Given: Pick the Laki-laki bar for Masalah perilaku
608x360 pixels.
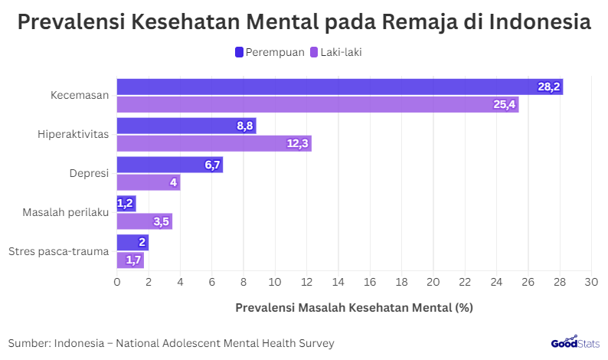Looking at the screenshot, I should click(144, 221).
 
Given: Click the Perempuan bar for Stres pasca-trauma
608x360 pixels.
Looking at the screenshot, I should click(132, 243).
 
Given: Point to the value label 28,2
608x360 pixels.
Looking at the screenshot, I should click(549, 87).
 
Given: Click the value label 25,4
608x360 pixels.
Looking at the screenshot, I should click(505, 104).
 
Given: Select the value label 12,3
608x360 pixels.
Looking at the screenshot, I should click(298, 143).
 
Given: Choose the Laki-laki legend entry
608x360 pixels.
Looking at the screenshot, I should click(340, 52).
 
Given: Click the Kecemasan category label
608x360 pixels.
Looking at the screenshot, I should click(80, 96).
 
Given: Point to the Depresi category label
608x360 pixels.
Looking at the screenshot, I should click(88, 173).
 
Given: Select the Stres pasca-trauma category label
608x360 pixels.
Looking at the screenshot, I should click(58, 251).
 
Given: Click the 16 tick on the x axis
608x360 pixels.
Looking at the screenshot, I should click(370, 282).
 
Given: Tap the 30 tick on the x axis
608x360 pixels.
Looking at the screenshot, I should click(590, 282).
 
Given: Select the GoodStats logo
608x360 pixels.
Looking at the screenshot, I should click(574, 343).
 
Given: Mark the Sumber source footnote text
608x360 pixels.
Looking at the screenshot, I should click(172, 343).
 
